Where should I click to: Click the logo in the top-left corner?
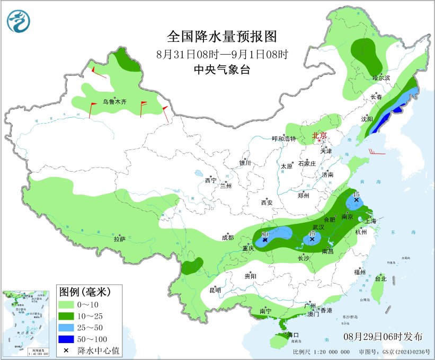(x=19, y=20)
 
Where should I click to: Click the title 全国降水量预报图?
(x=222, y=37)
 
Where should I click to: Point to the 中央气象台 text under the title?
(x=222, y=69)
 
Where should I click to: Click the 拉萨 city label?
(x=119, y=239)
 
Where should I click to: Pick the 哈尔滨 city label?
(x=381, y=78)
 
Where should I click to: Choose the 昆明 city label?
(x=215, y=290)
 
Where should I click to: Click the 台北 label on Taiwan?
(x=380, y=278)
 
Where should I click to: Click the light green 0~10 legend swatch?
(x=66, y=305)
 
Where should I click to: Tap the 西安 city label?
(x=267, y=203)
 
